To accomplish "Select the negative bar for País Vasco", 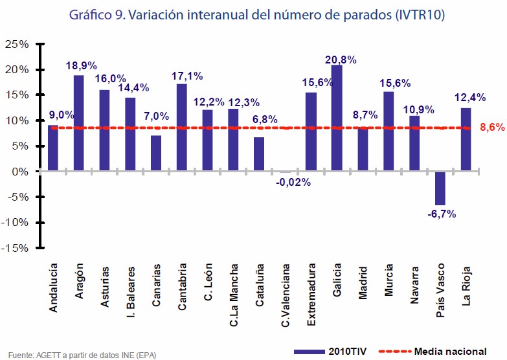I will coord(440,188).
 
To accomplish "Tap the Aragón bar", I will coord(78,123).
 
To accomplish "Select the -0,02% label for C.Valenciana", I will coord(293,182).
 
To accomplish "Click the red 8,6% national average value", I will coord(492,128).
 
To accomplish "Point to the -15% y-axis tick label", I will coord(16,247).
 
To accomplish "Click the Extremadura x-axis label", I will coord(311,286).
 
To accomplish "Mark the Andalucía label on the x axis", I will coord(53,287).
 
